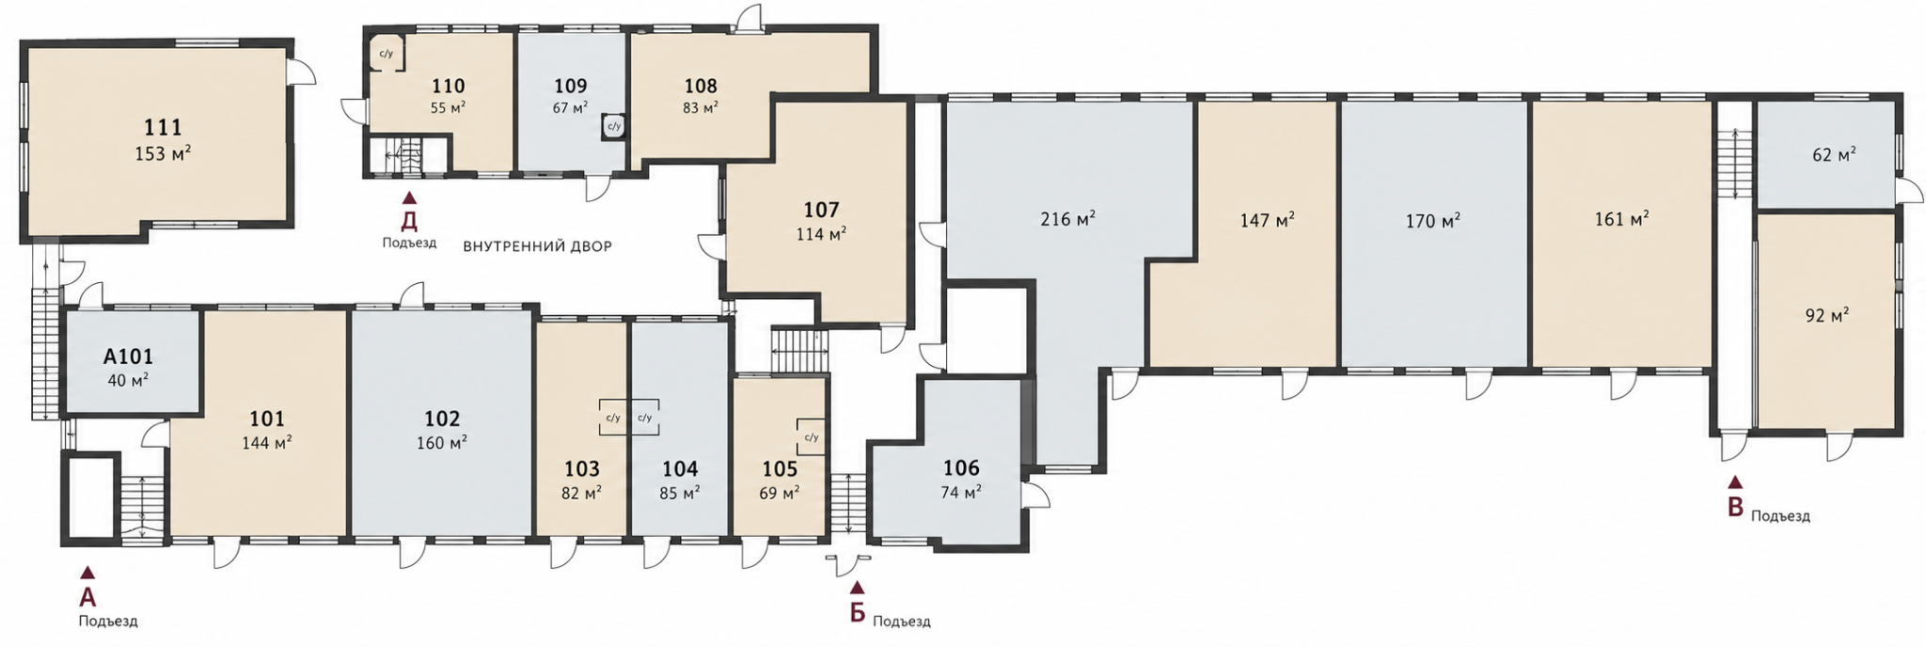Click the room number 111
point(163,127)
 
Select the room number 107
point(821,210)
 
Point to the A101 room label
point(128,357)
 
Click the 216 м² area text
point(1068,220)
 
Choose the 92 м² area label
point(1827,316)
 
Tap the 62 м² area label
point(1834,154)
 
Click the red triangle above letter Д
point(409,198)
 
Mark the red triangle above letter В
point(1735,482)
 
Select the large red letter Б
point(857,613)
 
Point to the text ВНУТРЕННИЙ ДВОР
point(537,247)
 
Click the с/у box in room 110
point(386,54)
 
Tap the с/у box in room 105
point(811,437)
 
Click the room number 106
point(961,468)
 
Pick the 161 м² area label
point(1622,219)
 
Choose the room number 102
point(442,418)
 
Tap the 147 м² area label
point(1268,220)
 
